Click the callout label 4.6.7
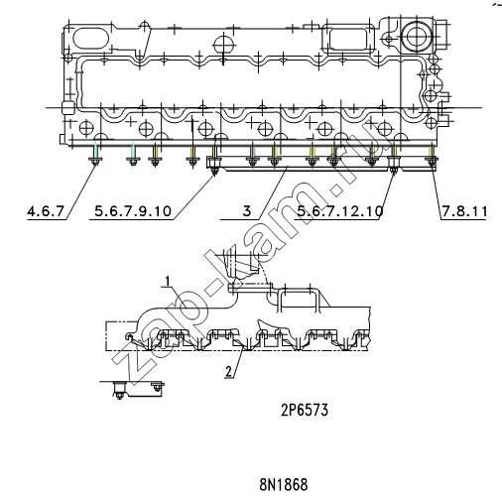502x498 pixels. (46, 211)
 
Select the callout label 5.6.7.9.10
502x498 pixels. (133, 211)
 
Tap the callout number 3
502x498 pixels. (247, 211)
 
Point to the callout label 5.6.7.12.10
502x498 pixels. (340, 211)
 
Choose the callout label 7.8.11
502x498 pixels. (464, 211)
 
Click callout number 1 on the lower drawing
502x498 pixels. (168, 282)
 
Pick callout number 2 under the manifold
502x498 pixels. (228, 371)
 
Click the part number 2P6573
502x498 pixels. (305, 411)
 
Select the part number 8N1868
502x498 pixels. (284, 485)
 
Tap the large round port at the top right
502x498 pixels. (416, 36)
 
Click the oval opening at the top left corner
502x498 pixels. (90, 39)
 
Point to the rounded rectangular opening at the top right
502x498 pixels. (348, 39)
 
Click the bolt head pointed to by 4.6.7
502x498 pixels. (95, 161)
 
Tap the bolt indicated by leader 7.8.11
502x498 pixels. (432, 162)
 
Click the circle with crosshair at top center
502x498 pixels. (224, 45)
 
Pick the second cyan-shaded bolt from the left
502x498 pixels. (133, 162)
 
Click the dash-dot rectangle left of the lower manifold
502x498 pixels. (121, 335)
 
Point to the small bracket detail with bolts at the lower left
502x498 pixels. (137, 389)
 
